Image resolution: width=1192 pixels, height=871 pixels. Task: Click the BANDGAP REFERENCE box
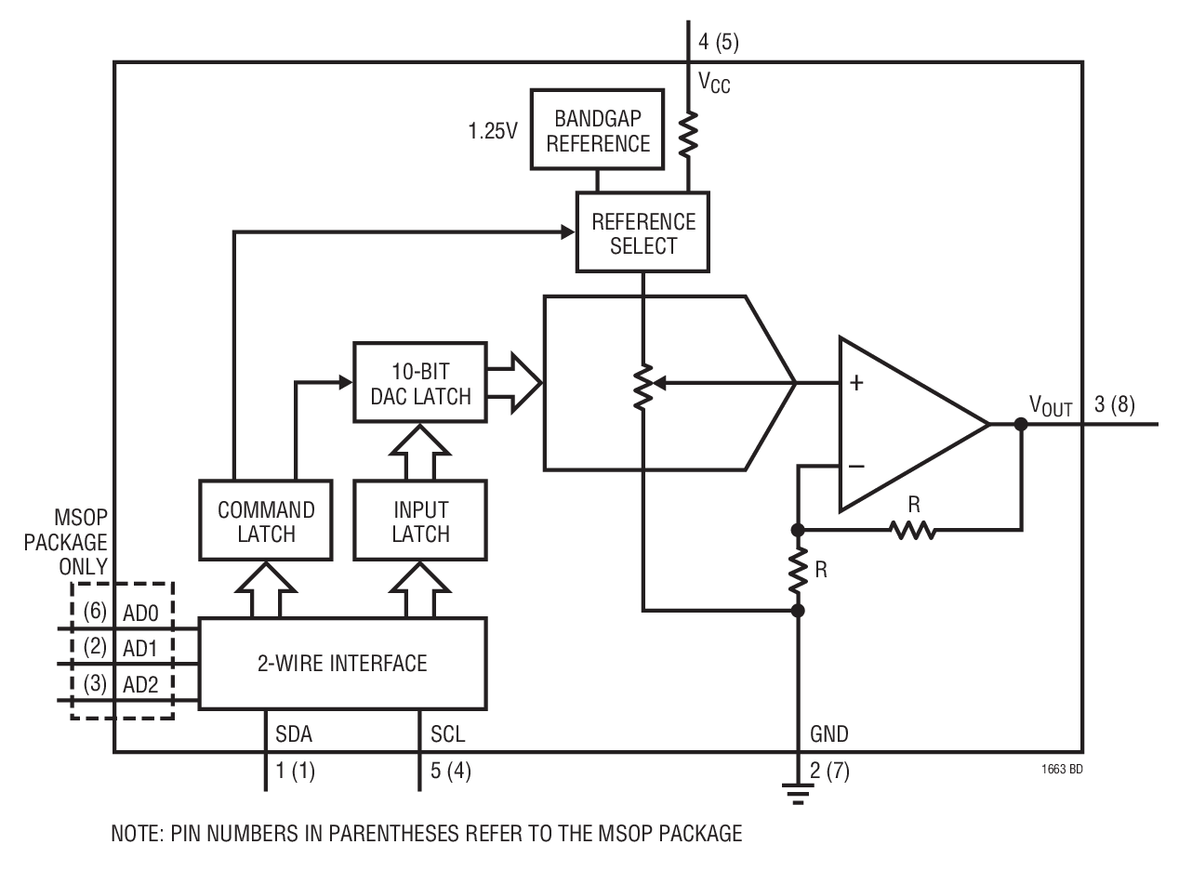point(596,131)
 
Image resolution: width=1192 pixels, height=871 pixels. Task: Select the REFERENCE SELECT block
point(642,233)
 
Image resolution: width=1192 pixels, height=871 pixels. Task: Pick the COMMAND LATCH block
point(266,521)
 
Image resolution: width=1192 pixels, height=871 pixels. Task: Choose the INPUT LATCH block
point(420,521)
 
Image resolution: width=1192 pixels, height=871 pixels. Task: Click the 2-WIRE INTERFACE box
point(343,663)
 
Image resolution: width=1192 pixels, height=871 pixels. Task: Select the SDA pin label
point(293,734)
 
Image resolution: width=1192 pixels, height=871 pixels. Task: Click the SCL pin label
point(447,734)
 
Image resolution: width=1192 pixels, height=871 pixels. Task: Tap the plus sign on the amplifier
point(856,382)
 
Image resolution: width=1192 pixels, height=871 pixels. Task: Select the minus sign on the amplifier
point(856,467)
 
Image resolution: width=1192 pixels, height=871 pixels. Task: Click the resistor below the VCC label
point(689,135)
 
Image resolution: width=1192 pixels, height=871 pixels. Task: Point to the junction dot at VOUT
point(1021,424)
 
